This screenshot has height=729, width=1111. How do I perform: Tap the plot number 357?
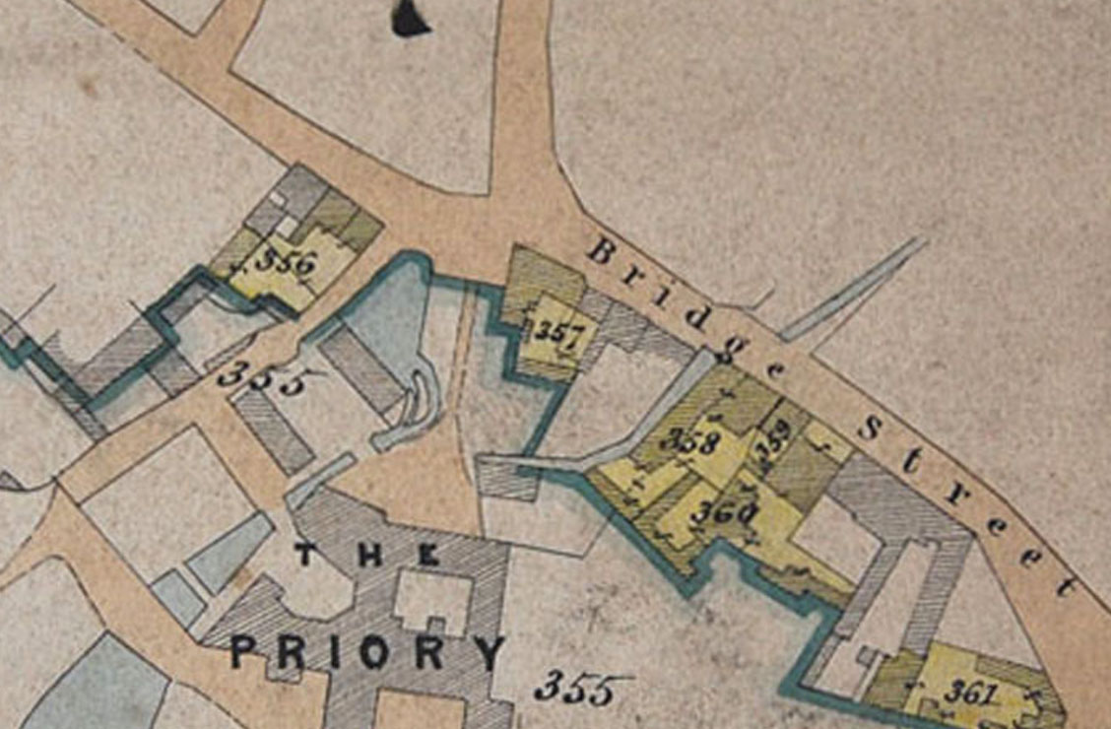(x=557, y=335)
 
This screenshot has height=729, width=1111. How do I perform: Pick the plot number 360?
(x=723, y=511)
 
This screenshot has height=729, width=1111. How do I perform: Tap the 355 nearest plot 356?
(x=260, y=377)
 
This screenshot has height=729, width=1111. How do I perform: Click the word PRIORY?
(x=368, y=651)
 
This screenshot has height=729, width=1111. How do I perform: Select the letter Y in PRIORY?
(x=489, y=651)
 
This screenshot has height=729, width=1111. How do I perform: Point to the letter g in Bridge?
(x=738, y=345)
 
